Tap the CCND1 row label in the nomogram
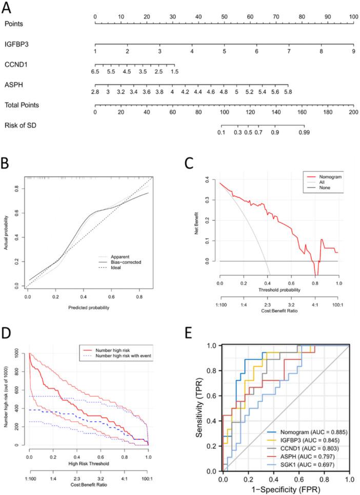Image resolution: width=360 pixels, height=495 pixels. click(16, 65)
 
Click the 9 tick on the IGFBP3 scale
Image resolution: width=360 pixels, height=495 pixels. click(353, 52)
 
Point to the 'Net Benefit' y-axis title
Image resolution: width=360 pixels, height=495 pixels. click(198, 225)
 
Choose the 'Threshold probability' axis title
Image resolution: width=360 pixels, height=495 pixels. click(278, 290)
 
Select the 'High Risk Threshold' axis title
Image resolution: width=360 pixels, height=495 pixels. click(89, 464)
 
